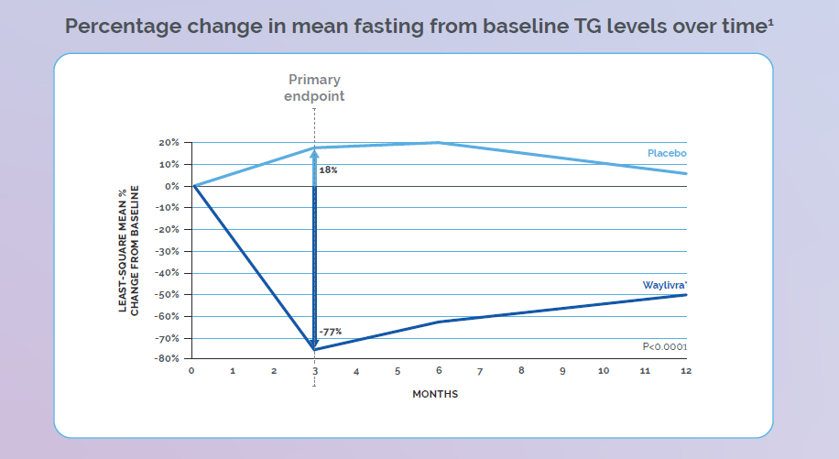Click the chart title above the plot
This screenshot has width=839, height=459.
click(x=419, y=25)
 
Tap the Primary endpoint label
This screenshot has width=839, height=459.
click(x=315, y=88)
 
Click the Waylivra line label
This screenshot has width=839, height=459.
click(x=664, y=286)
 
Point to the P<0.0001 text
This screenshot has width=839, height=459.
click(x=664, y=347)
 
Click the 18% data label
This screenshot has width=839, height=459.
click(x=328, y=170)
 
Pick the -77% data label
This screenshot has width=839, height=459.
click(x=330, y=332)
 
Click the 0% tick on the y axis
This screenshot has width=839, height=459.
click(x=173, y=186)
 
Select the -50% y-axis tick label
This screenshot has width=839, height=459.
click(x=169, y=295)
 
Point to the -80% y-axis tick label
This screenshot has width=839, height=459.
click(x=169, y=359)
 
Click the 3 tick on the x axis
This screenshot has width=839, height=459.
click(x=315, y=372)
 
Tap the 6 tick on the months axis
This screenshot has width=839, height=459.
click(x=439, y=372)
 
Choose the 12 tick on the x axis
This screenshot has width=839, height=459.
click(x=685, y=372)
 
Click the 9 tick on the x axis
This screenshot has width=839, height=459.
click(x=562, y=372)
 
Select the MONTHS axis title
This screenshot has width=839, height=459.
click(x=435, y=394)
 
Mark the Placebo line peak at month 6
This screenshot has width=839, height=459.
click(x=439, y=142)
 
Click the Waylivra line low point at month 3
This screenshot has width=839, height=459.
click(x=315, y=349)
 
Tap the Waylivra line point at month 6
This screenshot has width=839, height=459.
click(x=439, y=322)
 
